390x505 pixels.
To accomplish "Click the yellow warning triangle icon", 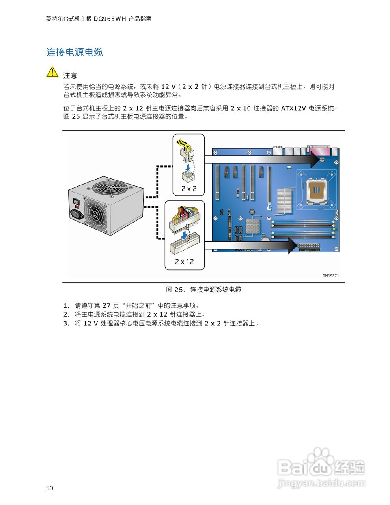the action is click(x=52, y=72).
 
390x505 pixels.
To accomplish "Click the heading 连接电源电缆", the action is click(x=75, y=52).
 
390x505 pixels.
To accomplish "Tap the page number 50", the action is click(x=49, y=488).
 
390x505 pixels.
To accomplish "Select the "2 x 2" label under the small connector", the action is click(x=189, y=189).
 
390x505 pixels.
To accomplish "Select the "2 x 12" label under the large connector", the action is click(x=185, y=262).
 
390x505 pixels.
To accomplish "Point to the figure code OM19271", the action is click(x=330, y=276).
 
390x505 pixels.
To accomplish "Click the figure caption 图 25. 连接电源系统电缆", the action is click(x=203, y=290).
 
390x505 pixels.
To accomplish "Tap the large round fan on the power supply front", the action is click(x=95, y=213).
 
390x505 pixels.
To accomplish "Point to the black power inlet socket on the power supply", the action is click(x=77, y=215).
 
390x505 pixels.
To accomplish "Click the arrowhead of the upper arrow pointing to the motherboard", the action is click(x=314, y=160).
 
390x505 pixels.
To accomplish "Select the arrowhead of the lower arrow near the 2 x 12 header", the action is click(x=292, y=245).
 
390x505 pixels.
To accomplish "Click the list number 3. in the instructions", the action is click(x=66, y=324).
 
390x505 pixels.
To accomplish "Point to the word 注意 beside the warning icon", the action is click(x=70, y=75).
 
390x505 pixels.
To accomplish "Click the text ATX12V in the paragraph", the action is click(x=293, y=108).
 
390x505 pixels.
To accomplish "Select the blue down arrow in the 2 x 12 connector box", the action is click(x=183, y=235).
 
